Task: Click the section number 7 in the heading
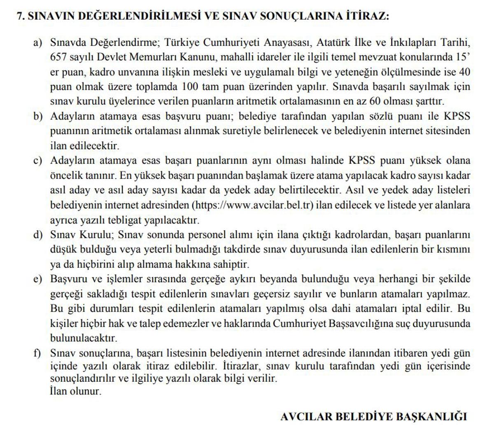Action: [x=19, y=16]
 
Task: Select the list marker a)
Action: [x=38, y=42]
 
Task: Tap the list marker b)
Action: [x=38, y=117]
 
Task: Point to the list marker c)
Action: [x=38, y=161]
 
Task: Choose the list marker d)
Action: [x=38, y=235]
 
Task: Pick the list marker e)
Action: [x=38, y=279]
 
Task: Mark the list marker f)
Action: [x=38, y=353]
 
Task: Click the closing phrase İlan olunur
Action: [x=75, y=391]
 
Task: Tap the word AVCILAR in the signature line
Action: [x=307, y=416]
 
